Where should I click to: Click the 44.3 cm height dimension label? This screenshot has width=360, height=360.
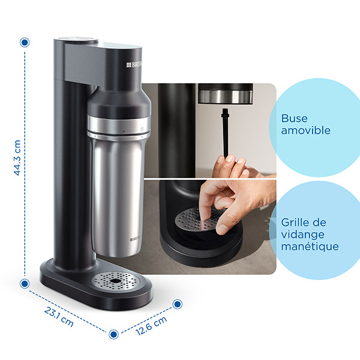tap(17, 158)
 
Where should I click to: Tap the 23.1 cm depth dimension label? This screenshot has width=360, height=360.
tap(59, 316)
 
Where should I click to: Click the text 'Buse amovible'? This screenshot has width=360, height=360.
tap(305, 124)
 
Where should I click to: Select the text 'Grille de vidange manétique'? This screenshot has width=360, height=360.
tap(310, 234)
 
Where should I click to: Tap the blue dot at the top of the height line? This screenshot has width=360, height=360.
tap(25, 43)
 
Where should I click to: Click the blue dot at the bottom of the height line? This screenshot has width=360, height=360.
tap(25, 283)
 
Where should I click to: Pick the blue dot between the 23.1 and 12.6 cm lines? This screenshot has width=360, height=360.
tap(114, 333)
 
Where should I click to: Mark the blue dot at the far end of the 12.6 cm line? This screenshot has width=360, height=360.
tap(177, 304)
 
